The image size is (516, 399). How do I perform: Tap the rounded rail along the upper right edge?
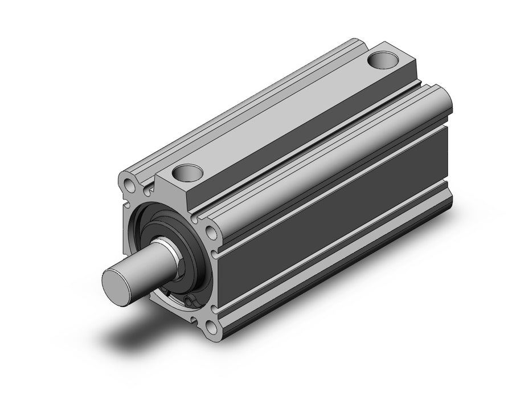point(319,148)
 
